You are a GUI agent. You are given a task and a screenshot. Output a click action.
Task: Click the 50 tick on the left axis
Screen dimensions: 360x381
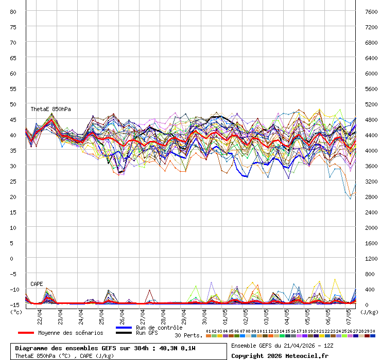13,104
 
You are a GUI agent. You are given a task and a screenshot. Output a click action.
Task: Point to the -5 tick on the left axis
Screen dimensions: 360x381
13,274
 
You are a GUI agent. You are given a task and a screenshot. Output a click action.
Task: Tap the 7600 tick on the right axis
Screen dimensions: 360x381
371,11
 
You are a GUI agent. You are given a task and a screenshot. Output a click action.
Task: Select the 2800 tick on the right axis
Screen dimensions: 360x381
371,196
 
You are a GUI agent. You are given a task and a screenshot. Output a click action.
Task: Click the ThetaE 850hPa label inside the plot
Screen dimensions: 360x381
50,110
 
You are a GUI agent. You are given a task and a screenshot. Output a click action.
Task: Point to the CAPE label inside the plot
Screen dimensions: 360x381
37,284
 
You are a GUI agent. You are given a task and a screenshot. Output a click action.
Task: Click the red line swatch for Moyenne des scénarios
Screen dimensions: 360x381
26,333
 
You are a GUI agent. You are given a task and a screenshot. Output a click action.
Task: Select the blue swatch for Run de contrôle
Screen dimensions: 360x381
124,328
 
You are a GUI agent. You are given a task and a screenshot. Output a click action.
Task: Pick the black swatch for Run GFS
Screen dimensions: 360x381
124,333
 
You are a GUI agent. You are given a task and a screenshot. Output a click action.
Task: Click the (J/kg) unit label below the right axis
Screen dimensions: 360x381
369,312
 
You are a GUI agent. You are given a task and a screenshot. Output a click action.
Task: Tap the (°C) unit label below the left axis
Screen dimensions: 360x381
16,312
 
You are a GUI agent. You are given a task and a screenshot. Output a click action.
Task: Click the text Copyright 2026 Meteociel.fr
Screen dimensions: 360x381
280,355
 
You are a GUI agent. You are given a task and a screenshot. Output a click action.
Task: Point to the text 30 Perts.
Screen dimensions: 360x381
188,335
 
